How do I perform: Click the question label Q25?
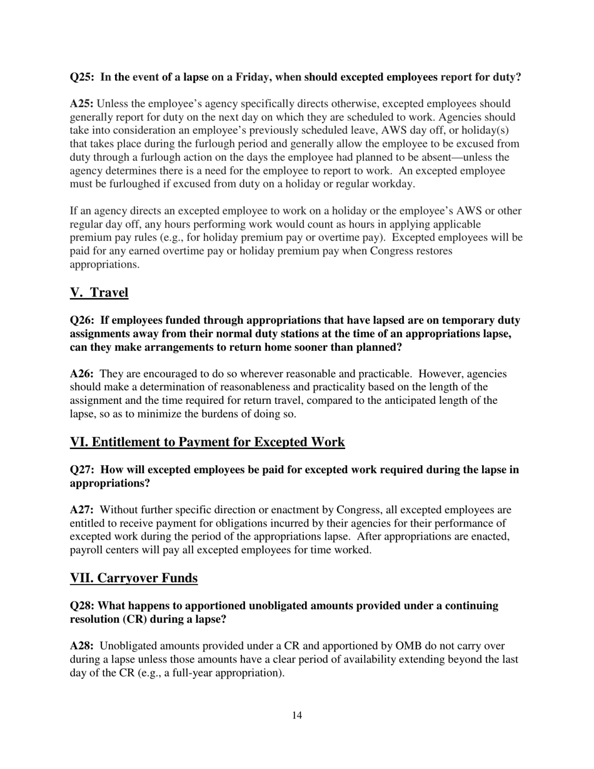(x=82, y=78)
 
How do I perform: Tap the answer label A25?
(x=82, y=104)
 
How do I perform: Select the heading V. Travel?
(x=99, y=292)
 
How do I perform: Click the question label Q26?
(x=82, y=320)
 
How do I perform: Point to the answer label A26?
(x=82, y=374)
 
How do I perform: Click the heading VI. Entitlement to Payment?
(x=207, y=442)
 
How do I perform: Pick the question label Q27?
(x=82, y=470)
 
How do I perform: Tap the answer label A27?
(x=82, y=510)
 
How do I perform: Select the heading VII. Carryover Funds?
(x=134, y=578)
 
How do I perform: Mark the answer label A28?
(x=82, y=646)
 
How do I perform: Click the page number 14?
(x=297, y=715)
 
